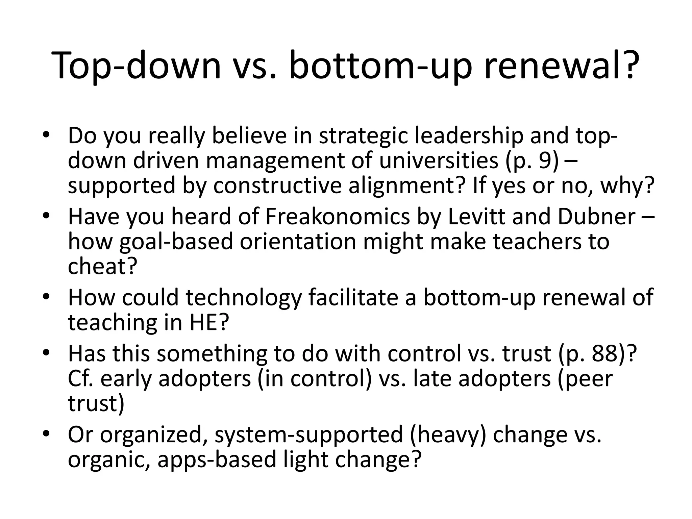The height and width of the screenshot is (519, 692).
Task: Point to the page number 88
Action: (604, 354)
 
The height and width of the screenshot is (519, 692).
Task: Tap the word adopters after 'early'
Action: (205, 379)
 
